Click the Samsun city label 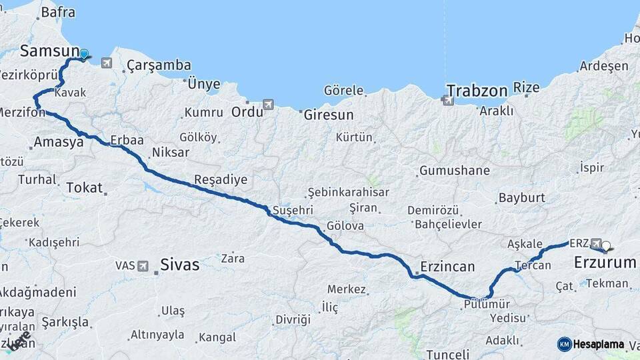pyautogui.click(x=45, y=51)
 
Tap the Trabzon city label pyautogui.click(x=477, y=90)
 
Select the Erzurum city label pyautogui.click(x=605, y=263)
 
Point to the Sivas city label pyautogui.click(x=179, y=265)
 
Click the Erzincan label pyautogui.click(x=447, y=267)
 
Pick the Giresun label pyautogui.click(x=329, y=115)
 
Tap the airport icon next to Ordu pyautogui.click(x=269, y=105)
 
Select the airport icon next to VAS pyautogui.click(x=143, y=266)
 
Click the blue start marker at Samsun pyautogui.click(x=85, y=53)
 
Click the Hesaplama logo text pyautogui.click(x=598, y=345)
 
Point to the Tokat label pyautogui.click(x=84, y=187)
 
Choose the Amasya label pyautogui.click(x=58, y=141)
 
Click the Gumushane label pyautogui.click(x=455, y=171)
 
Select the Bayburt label pyautogui.click(x=522, y=198)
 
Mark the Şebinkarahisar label pyautogui.click(x=348, y=192)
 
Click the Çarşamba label pyautogui.click(x=159, y=65)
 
